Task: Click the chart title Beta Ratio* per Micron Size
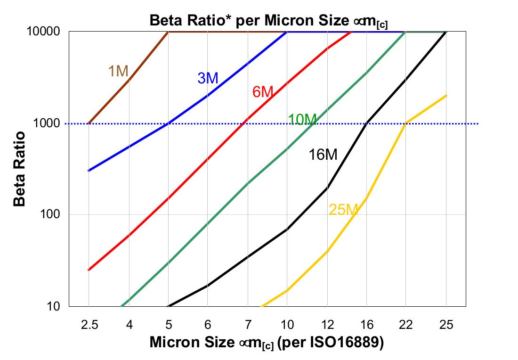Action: point(268,21)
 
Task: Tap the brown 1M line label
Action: point(118,71)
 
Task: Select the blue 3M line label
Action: point(208,78)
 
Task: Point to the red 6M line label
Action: point(263,92)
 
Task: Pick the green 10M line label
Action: point(302,120)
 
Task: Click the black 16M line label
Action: point(323,155)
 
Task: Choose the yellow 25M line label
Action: point(343,210)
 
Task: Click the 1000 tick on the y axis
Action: point(49,123)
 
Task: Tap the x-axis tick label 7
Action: point(247,325)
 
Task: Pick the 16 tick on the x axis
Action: point(366,325)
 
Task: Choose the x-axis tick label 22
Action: point(406,325)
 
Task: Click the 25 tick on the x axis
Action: point(446,325)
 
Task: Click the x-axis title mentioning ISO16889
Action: point(267,343)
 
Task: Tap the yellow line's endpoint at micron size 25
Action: point(446,96)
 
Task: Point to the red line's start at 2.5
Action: point(89,270)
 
